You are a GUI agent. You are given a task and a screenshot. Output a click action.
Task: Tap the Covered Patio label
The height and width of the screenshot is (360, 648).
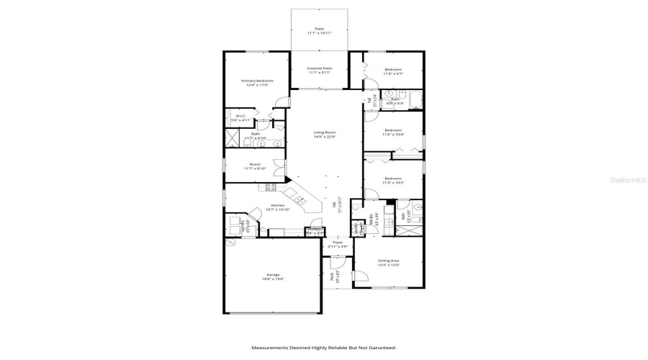[x=320, y=68]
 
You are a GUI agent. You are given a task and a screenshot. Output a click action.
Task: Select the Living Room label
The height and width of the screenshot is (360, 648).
[x=325, y=132]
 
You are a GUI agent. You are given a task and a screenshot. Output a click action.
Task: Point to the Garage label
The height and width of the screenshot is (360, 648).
[x=273, y=274]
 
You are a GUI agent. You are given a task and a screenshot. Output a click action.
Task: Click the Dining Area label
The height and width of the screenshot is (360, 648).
[x=390, y=261]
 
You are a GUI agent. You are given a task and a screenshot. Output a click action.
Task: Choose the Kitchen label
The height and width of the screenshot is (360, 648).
[x=277, y=205]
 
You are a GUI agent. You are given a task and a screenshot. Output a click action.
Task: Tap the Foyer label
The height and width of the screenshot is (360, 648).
[x=338, y=243]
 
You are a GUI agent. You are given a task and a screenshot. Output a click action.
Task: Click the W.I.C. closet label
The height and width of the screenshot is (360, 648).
[x=240, y=116]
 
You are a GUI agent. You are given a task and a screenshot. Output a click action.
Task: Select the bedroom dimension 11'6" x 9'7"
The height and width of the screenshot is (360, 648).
[x=392, y=73]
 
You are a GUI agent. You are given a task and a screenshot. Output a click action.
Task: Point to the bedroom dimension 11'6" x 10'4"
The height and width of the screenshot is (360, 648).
[x=392, y=135]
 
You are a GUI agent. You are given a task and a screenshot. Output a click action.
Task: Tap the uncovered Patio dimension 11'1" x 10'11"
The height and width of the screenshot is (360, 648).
[x=319, y=33]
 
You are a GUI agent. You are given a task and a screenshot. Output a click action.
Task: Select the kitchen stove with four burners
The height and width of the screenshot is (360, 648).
[x=271, y=187]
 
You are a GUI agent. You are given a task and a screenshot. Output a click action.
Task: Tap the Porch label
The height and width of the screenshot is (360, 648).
[x=332, y=275]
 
